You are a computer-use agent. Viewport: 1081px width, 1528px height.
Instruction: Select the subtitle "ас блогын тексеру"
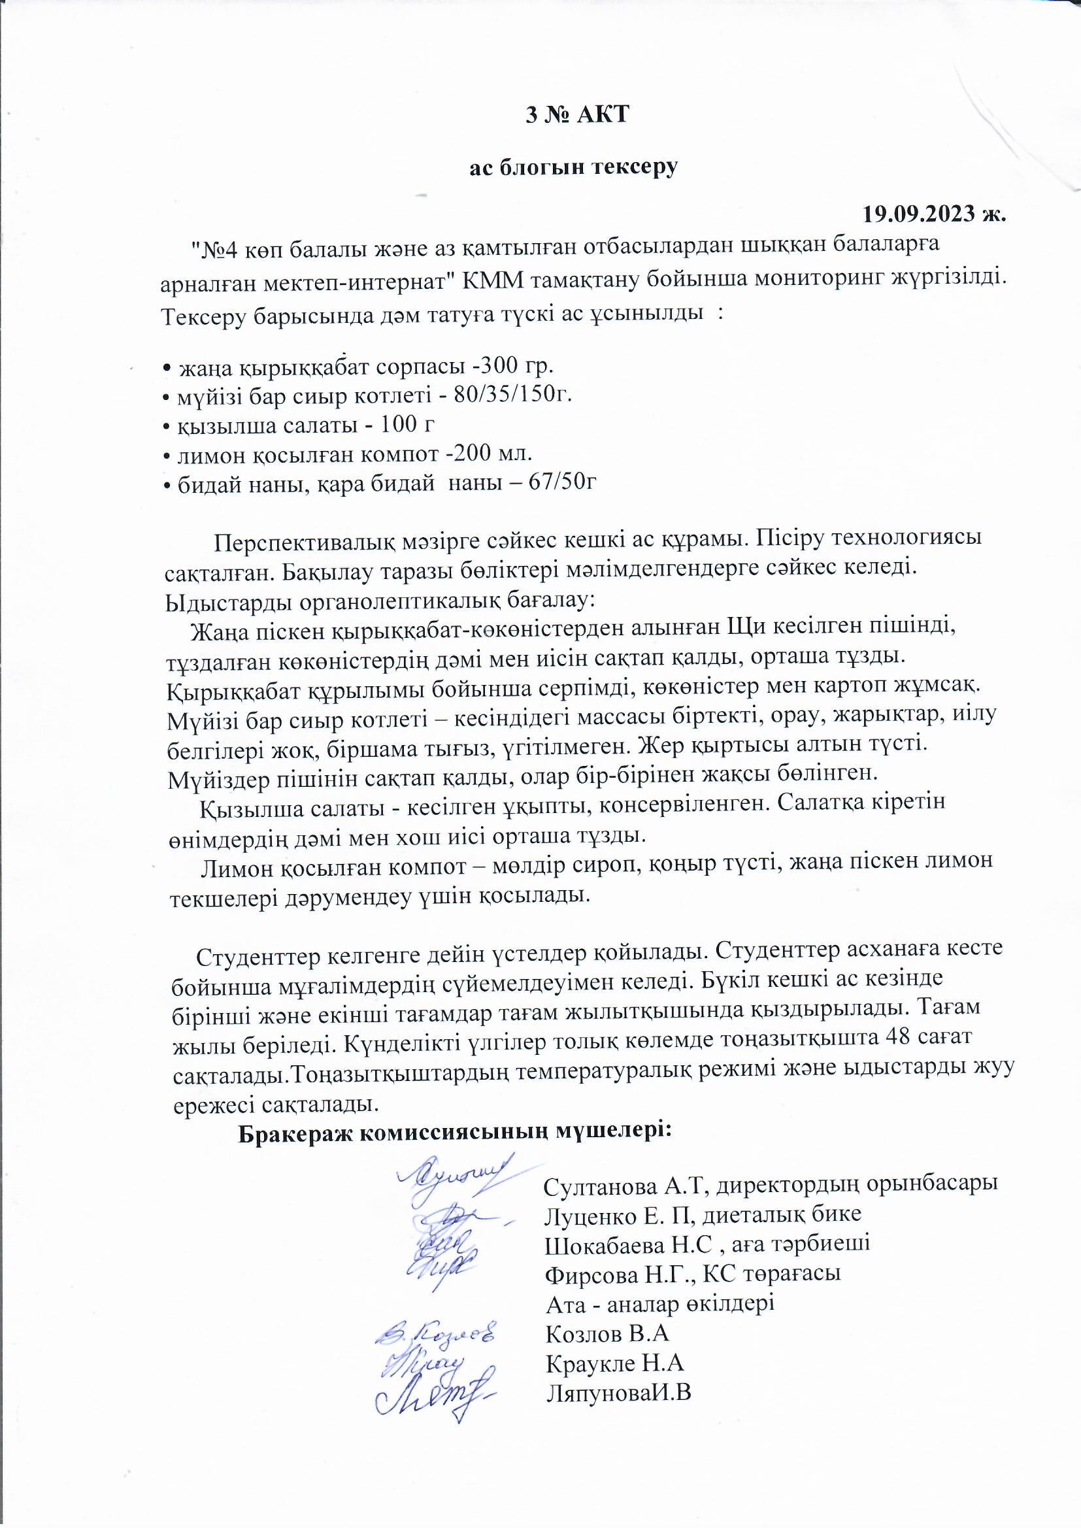point(573,167)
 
